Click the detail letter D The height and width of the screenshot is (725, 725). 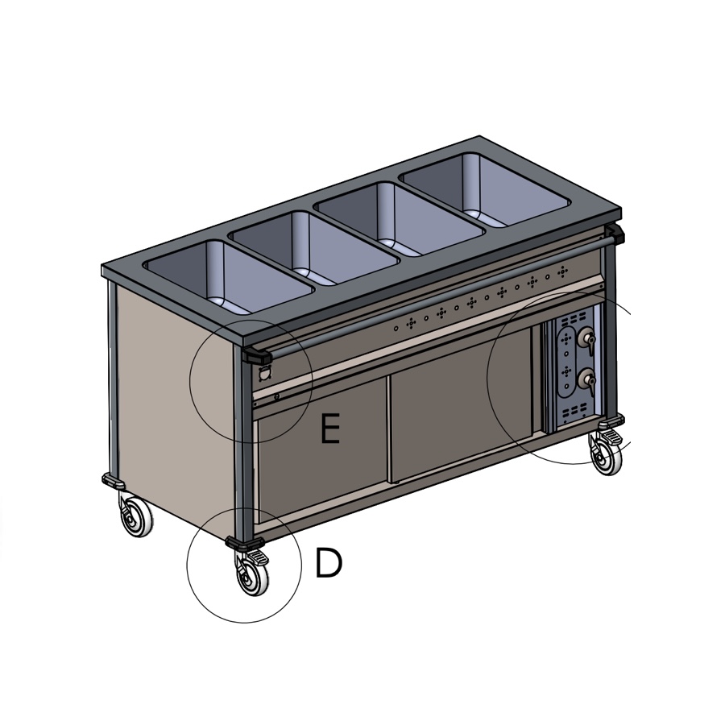(x=328, y=564)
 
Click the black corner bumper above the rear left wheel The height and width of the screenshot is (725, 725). (x=112, y=481)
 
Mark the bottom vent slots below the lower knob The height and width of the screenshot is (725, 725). (x=573, y=412)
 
